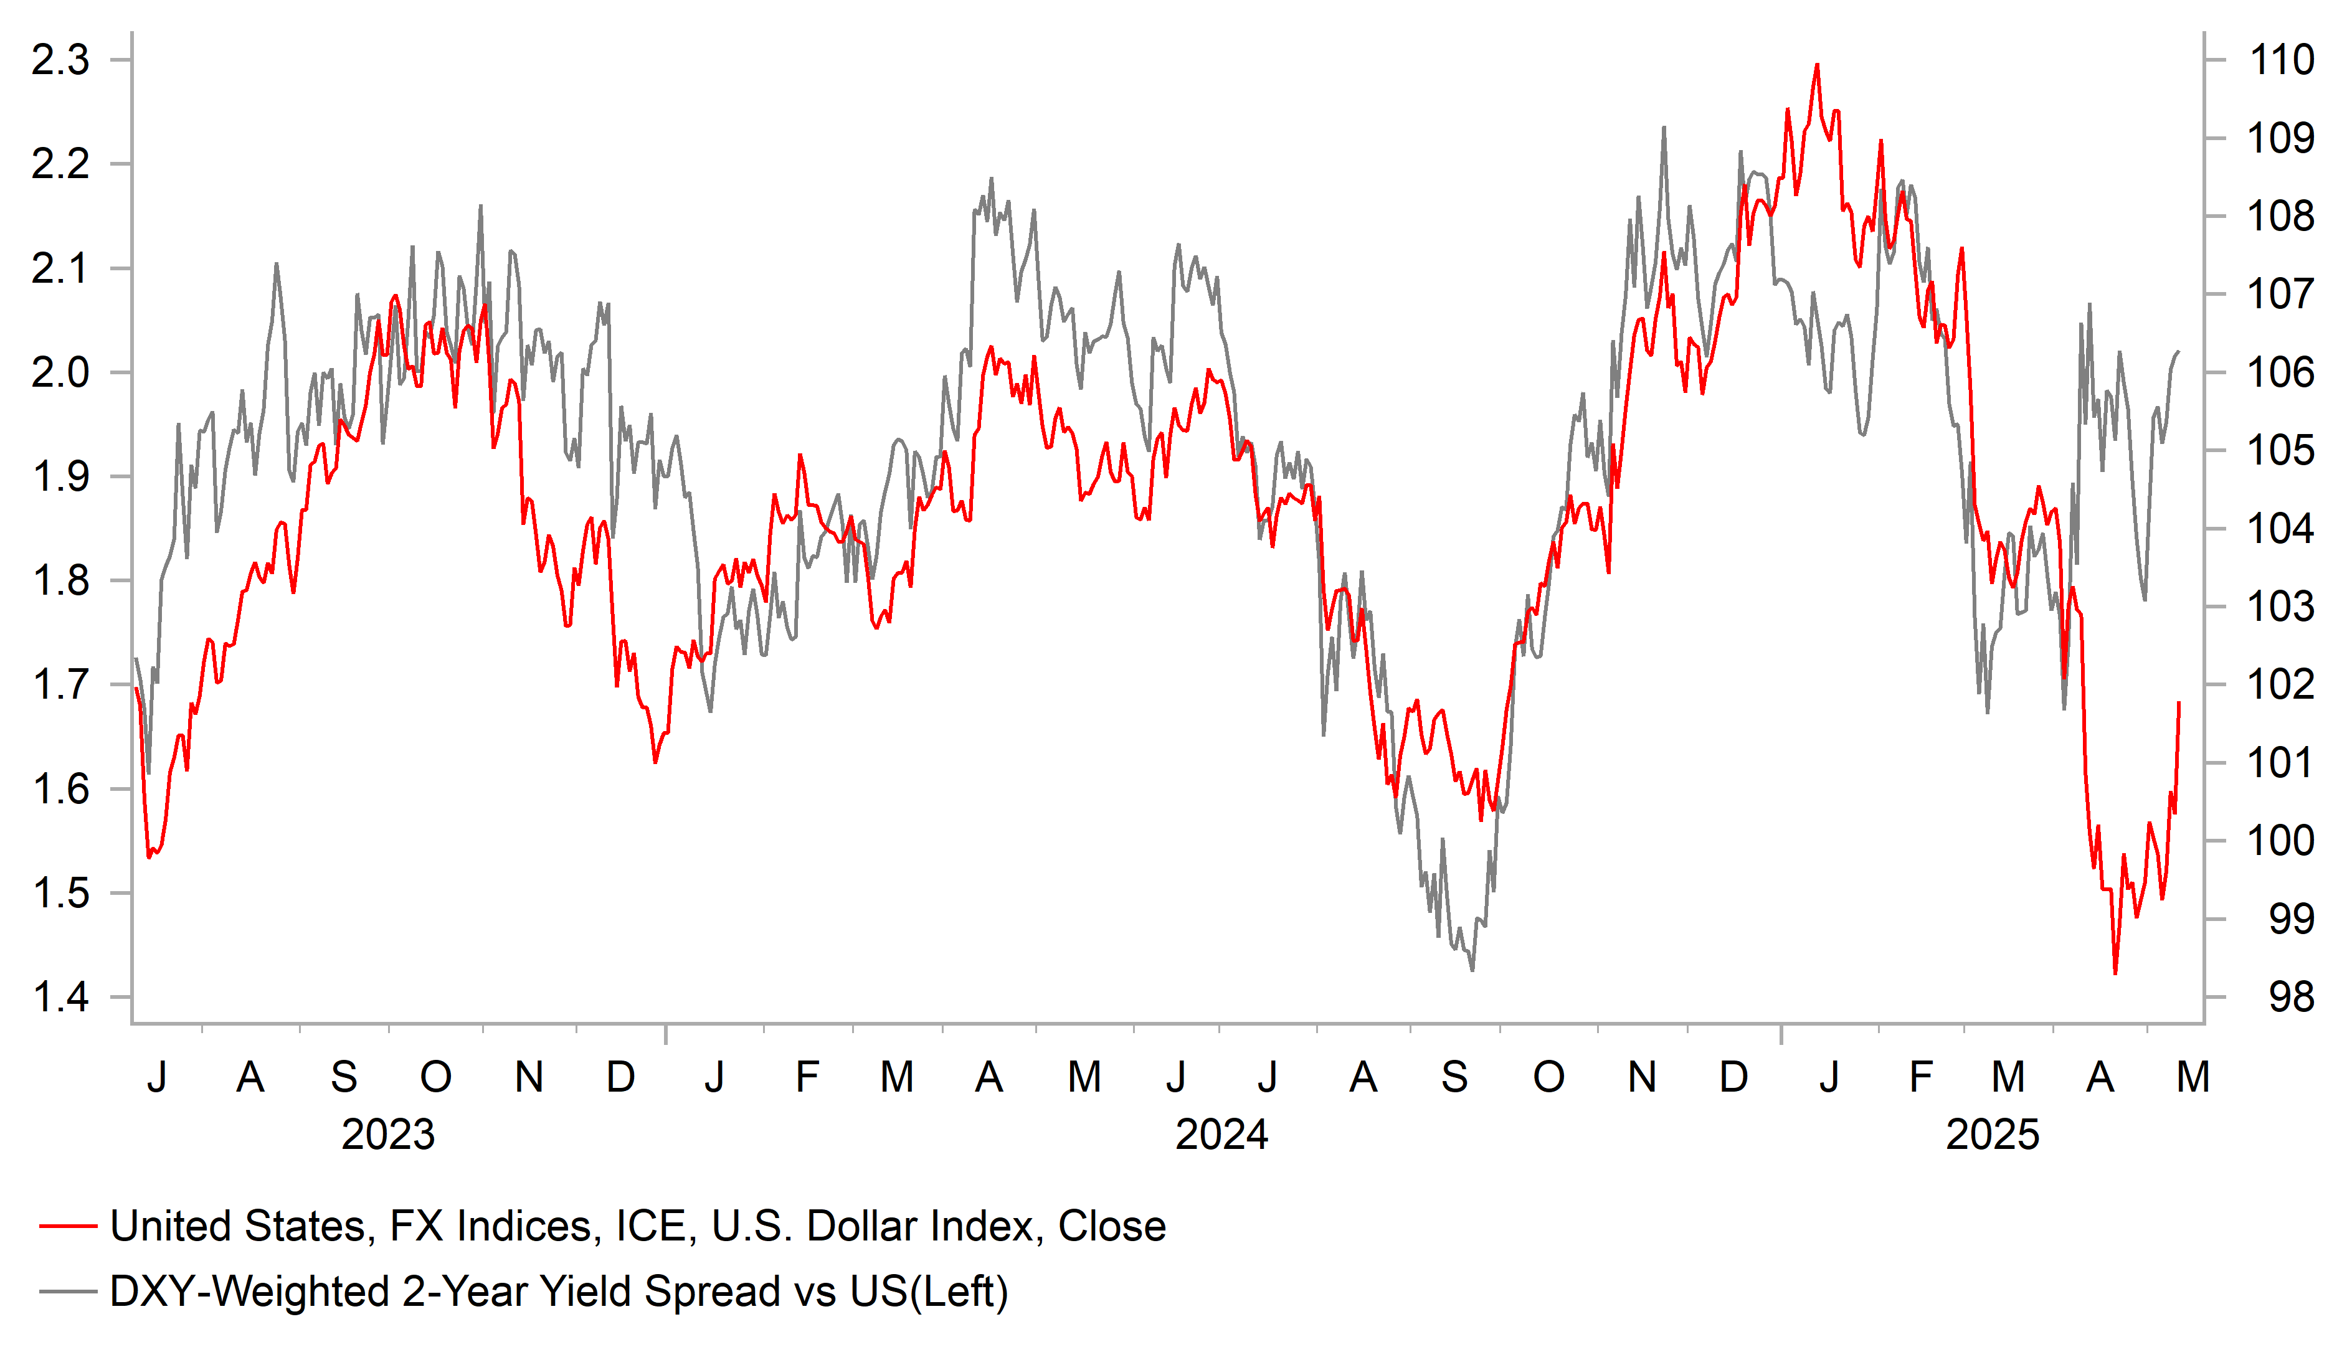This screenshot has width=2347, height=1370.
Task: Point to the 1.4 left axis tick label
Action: tap(60, 998)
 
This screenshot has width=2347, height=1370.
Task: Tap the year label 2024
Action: tap(1221, 1135)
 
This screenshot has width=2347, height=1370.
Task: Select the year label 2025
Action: tap(1992, 1135)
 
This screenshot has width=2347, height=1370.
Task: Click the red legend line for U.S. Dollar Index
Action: tap(68, 1227)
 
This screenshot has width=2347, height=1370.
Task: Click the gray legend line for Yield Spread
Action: tap(68, 1292)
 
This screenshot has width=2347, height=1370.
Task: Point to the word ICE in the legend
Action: tap(656, 1227)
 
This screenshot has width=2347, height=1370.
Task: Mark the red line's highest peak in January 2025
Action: tap(1817, 65)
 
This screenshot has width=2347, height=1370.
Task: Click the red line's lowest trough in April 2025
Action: tap(2115, 973)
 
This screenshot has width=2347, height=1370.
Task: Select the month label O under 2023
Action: tap(436, 1077)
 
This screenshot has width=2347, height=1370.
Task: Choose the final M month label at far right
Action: tap(2193, 1077)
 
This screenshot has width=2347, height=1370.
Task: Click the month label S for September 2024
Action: tap(1455, 1077)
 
